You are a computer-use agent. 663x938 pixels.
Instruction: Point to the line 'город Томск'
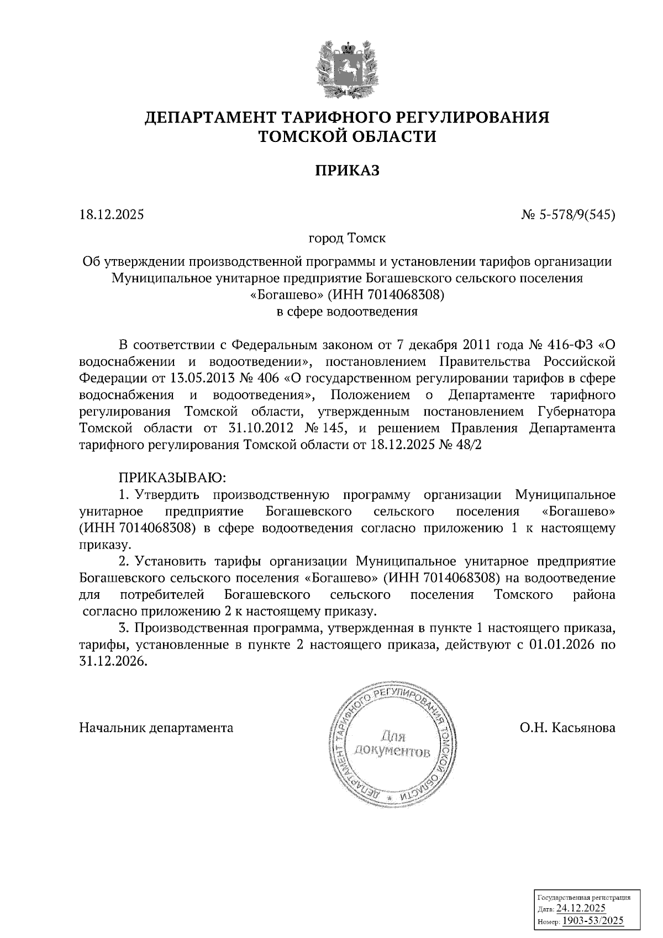348,239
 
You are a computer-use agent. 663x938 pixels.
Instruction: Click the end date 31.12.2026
113,662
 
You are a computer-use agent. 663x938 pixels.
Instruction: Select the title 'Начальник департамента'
156,728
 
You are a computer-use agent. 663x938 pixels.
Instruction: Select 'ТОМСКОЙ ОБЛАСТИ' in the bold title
348,136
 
